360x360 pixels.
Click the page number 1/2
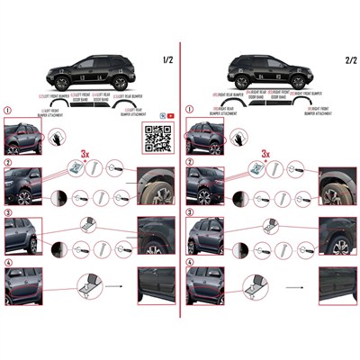coord(166,60)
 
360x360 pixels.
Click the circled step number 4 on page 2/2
coord(189,263)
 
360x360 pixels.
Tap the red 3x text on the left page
coord(87,155)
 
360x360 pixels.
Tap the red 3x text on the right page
coord(265,155)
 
